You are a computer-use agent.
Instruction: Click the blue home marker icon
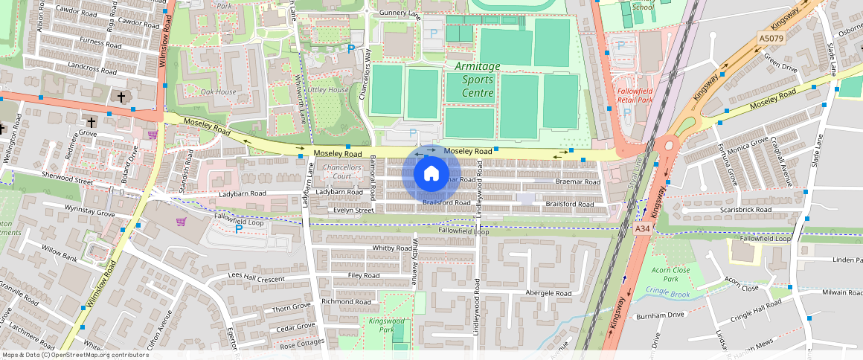(x=431, y=174)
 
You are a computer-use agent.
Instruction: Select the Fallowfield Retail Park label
(x=635, y=94)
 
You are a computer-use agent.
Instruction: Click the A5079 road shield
(x=773, y=38)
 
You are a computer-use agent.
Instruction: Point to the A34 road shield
(x=643, y=230)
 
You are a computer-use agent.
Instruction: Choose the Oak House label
(x=218, y=91)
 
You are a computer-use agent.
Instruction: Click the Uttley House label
(x=328, y=89)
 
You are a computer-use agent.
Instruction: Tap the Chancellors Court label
(x=342, y=172)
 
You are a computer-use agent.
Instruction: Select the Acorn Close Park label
(x=670, y=274)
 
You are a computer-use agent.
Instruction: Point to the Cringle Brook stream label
(x=667, y=291)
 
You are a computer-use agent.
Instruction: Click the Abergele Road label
(x=548, y=293)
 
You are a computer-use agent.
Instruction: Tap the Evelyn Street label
(x=353, y=210)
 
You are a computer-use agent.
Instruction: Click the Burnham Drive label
(x=659, y=315)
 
